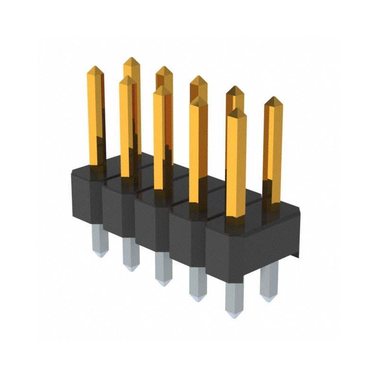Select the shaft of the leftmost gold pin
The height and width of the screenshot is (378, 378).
tap(96, 118)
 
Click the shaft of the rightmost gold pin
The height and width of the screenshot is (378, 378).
tap(273, 151)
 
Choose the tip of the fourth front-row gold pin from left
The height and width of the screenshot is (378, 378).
tap(198, 100)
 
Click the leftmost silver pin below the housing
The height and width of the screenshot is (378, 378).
tap(100, 241)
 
